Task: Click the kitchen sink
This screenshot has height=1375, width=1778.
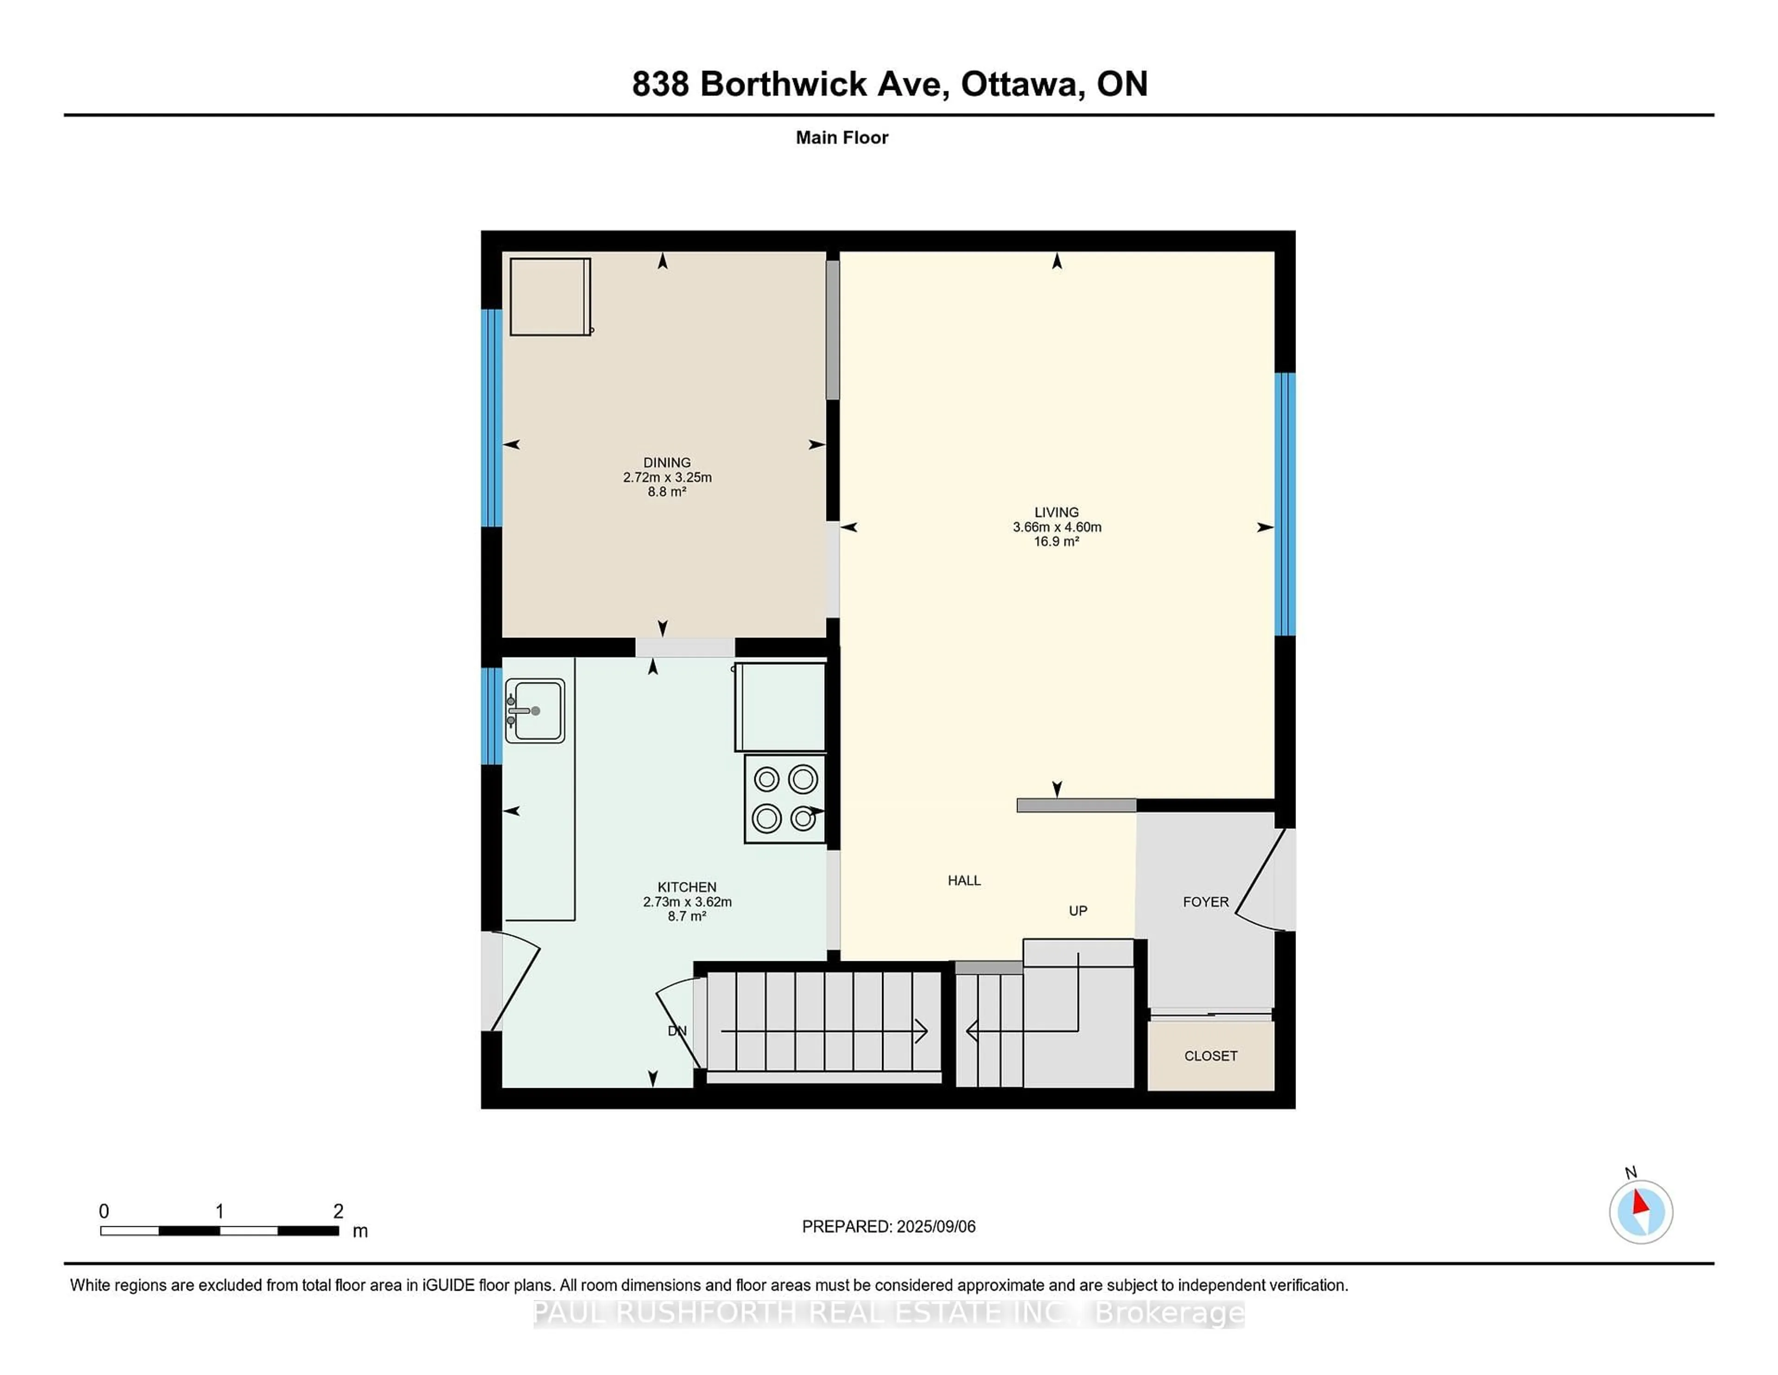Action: pyautogui.click(x=535, y=710)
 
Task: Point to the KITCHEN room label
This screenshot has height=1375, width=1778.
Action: pyautogui.click(x=687, y=887)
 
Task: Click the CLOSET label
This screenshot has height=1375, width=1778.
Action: pyautogui.click(x=1211, y=1056)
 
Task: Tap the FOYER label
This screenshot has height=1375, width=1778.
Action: pyautogui.click(x=1206, y=902)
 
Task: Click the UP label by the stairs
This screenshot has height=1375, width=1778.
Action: pyautogui.click(x=1078, y=911)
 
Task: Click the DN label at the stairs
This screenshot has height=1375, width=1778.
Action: pyautogui.click(x=677, y=1030)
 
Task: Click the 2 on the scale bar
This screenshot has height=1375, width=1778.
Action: pyautogui.click(x=338, y=1211)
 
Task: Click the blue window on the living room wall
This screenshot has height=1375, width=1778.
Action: pyautogui.click(x=1285, y=504)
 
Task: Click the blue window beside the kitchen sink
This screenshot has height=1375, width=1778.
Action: pyautogui.click(x=492, y=716)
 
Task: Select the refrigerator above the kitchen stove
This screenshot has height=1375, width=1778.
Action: pyautogui.click(x=780, y=706)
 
